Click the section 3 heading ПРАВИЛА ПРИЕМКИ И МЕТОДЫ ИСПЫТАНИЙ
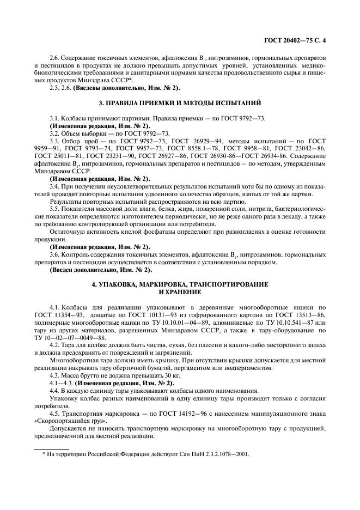click(180, 102)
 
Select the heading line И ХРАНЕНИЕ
click(180, 292)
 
